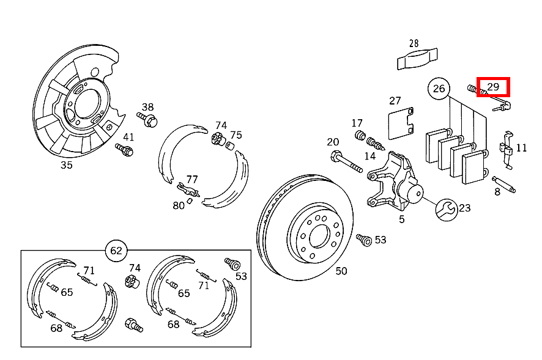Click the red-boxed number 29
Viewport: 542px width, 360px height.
pos(493,87)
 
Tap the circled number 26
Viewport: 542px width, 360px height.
pos(439,89)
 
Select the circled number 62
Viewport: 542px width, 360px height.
pos(116,250)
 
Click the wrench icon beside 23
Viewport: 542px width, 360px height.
pos(446,210)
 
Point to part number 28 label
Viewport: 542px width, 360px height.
pos(414,43)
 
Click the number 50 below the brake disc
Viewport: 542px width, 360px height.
pos(341,271)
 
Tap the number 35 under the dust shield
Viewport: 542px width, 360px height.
pos(66,164)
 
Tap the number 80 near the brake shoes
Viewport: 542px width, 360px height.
pos(178,205)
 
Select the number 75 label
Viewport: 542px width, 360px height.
pos(236,135)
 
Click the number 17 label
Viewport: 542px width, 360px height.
pos(357,123)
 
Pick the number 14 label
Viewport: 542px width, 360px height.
pos(369,156)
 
